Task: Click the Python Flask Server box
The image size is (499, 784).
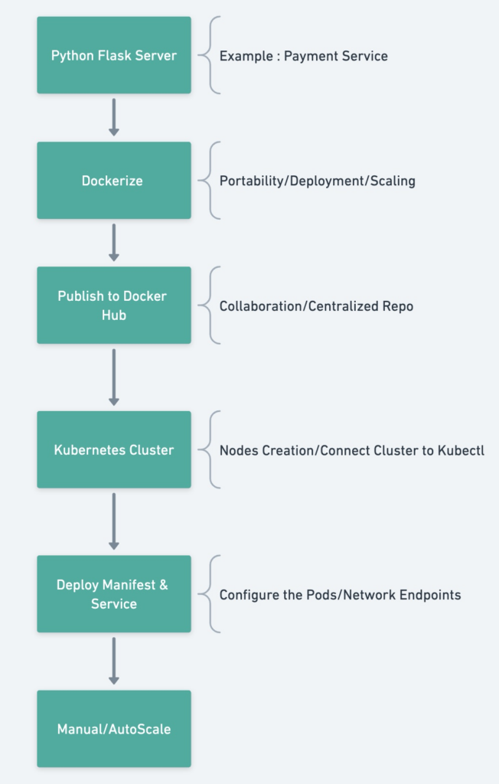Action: click(x=114, y=55)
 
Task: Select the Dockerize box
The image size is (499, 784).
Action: click(x=114, y=180)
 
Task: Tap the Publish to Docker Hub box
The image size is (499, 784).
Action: click(x=114, y=305)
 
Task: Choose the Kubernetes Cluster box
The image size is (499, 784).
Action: click(x=114, y=449)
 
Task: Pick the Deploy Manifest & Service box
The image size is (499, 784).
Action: click(x=114, y=593)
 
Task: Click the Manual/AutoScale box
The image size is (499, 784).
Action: click(x=114, y=729)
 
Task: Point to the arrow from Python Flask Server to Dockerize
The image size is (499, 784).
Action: click(x=114, y=117)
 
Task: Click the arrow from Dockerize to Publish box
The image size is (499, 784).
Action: click(x=114, y=243)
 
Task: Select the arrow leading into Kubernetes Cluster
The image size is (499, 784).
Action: click(x=114, y=377)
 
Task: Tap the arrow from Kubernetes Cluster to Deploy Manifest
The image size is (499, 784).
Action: click(x=114, y=521)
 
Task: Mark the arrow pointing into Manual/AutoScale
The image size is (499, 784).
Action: click(x=114, y=661)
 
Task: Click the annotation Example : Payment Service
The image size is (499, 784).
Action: click(x=304, y=56)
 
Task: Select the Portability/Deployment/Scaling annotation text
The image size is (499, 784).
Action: click(x=318, y=181)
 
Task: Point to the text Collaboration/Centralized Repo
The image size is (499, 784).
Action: click(x=317, y=306)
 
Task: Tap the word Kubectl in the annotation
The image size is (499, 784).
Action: click(x=461, y=450)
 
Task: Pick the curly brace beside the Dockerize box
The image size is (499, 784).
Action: click(x=209, y=181)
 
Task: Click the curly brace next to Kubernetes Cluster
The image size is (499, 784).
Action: click(x=209, y=449)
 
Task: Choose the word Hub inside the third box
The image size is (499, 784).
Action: click(x=114, y=315)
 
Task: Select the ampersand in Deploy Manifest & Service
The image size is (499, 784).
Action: click(x=164, y=584)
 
